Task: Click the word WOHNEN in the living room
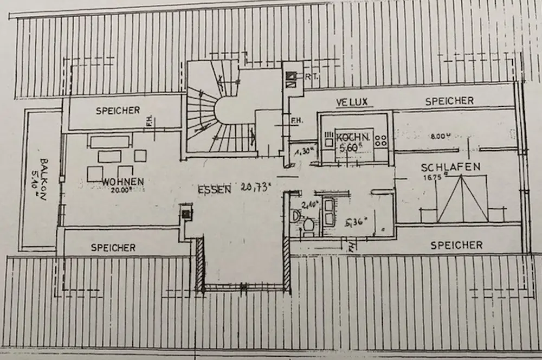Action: point(122,181)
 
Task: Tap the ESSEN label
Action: point(215,189)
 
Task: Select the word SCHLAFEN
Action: point(450,168)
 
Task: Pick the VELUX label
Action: point(352,102)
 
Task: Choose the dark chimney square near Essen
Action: point(186,214)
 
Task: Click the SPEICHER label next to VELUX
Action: point(449,101)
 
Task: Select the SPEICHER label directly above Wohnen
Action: point(118,111)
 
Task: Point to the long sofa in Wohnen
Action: point(110,142)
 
